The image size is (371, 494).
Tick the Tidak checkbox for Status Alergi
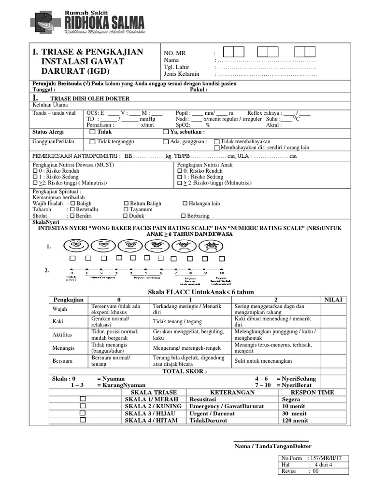(92, 132)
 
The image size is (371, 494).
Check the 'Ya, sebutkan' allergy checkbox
(166, 132)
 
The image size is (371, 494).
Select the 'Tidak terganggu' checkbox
(92, 142)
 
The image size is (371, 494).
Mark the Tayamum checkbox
(126, 210)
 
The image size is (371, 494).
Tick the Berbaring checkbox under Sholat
(183, 216)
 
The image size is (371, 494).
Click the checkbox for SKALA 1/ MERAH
(83, 399)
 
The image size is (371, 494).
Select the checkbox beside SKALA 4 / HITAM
(83, 420)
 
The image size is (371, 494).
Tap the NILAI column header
(333, 300)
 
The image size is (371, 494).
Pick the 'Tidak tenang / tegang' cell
(177, 321)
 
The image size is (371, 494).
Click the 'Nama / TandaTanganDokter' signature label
(273, 446)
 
